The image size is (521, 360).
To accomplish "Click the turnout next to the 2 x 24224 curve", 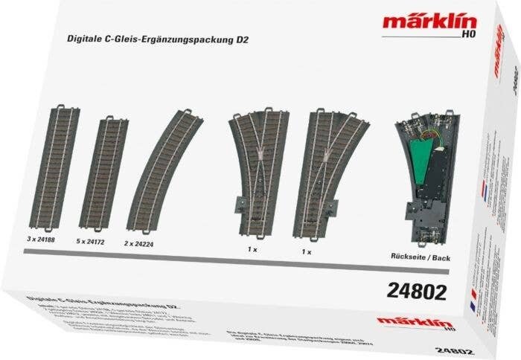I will [x=257, y=168].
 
